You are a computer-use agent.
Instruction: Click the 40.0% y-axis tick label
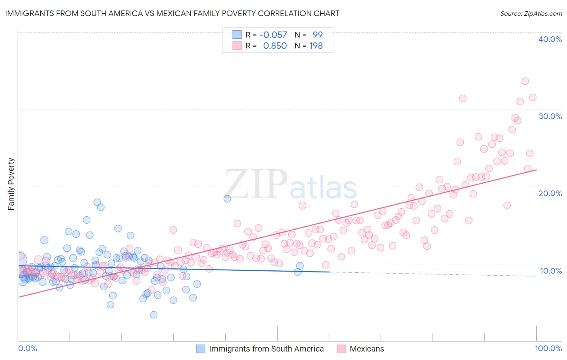point(550,39)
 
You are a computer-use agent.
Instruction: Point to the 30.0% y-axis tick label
point(550,116)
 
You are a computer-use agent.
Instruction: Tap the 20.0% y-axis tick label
point(550,193)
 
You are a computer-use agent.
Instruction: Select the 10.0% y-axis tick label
point(550,271)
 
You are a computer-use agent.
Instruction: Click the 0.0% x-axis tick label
point(27,348)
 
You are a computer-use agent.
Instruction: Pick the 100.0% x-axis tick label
point(548,348)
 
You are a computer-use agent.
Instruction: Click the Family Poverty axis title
point(11,184)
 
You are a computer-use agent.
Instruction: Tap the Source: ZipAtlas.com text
point(531,13)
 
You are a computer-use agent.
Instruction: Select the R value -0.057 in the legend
point(273,35)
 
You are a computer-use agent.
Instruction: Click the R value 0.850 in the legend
point(275,46)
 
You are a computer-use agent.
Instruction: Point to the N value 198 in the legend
point(316,46)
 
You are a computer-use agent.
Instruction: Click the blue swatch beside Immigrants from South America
point(201,349)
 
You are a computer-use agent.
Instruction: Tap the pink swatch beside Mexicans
point(341,349)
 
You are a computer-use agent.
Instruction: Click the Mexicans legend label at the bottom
point(367,349)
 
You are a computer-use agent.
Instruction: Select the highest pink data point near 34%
point(525,81)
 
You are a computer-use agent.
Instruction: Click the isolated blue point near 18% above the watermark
point(227,199)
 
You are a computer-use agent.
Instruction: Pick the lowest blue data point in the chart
point(154,315)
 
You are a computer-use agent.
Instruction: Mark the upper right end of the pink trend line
point(536,170)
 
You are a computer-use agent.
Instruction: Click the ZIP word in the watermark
point(256,184)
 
